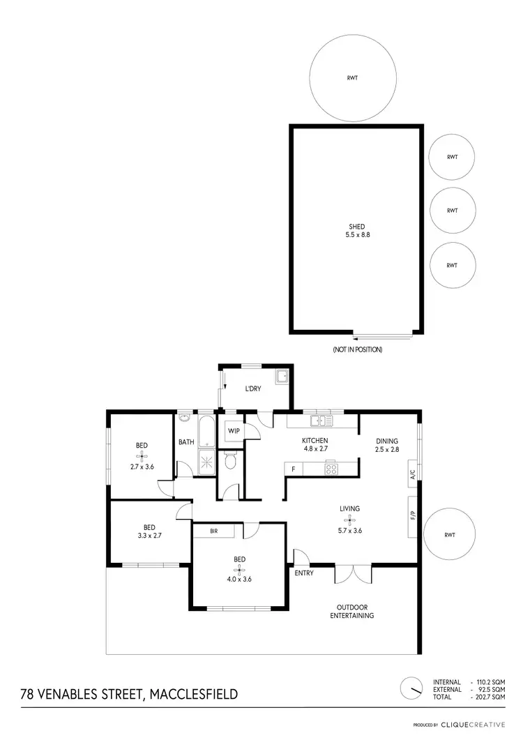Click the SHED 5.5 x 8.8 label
click(x=356, y=231)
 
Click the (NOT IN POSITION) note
click(x=357, y=349)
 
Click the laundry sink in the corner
click(x=282, y=378)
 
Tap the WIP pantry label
click(x=234, y=431)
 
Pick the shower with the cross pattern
click(x=208, y=462)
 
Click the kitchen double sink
click(x=322, y=420)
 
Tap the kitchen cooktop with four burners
click(x=331, y=469)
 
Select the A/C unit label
click(x=413, y=476)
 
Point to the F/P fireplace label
click(x=413, y=517)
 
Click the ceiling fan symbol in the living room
click(x=349, y=520)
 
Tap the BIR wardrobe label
click(x=214, y=531)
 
